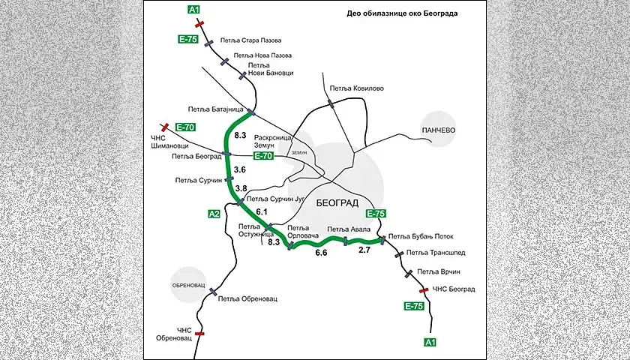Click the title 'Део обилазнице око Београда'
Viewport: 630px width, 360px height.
(402, 13)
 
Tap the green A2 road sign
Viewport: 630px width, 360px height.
(214, 214)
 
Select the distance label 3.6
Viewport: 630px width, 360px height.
(240, 169)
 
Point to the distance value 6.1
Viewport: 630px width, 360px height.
(262, 211)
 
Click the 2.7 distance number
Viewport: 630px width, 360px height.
(364, 250)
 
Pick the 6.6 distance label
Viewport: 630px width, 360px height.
(322, 253)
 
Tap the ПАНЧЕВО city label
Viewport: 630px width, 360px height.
(437, 130)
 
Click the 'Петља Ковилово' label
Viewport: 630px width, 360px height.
(357, 88)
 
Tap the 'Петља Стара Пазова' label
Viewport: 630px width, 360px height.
(250, 40)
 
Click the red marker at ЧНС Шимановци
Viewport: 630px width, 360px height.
(164, 127)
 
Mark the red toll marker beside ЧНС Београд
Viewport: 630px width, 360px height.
(424, 290)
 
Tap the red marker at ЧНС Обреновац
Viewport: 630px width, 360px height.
(199, 334)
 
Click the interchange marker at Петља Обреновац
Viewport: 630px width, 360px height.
(213, 292)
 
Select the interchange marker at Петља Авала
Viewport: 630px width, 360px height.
(345, 241)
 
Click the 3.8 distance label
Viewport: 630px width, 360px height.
(241, 188)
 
